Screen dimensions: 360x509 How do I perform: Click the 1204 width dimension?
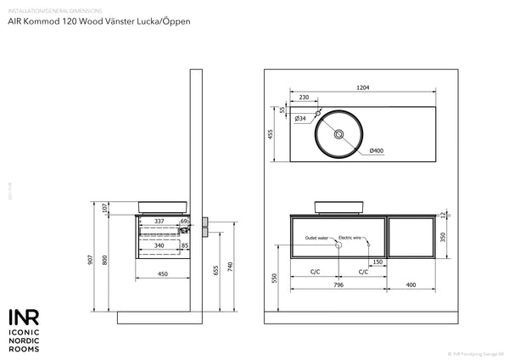click(x=362, y=88)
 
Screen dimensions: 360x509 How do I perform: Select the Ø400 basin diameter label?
click(x=377, y=151)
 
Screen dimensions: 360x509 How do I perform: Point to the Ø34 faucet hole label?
click(x=299, y=119)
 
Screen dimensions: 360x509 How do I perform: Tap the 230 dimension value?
click(x=303, y=98)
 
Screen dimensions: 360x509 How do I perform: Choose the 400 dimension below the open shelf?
click(x=411, y=285)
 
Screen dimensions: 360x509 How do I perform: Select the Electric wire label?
click(x=351, y=238)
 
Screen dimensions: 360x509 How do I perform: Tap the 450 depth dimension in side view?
click(x=161, y=273)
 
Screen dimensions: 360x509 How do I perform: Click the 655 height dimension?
click(x=216, y=270)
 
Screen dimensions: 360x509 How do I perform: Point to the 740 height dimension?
click(x=231, y=266)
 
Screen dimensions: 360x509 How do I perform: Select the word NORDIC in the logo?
click(x=25, y=339)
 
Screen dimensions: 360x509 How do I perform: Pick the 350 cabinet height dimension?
click(x=444, y=236)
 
